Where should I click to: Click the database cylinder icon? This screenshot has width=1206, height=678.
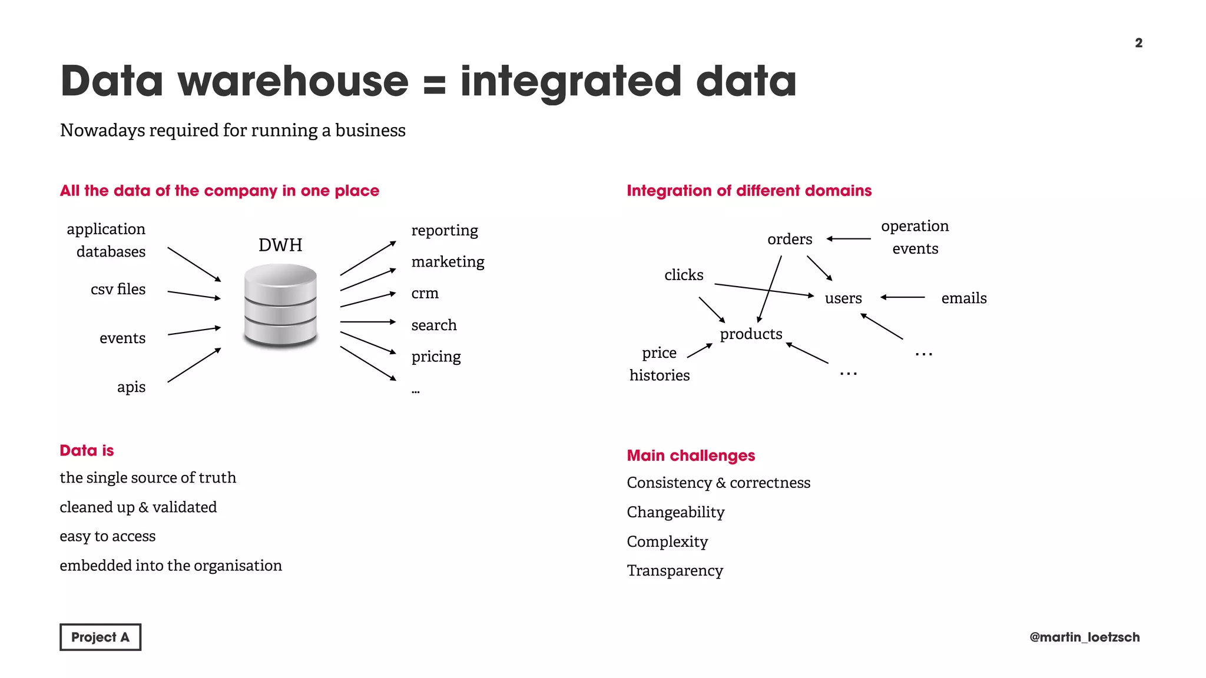[280, 305]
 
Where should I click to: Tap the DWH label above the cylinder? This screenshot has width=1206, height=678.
[280, 245]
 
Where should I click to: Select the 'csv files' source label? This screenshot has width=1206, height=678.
[118, 289]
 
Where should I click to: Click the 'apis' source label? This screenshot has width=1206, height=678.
[131, 387]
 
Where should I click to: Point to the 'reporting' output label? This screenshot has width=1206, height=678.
[445, 230]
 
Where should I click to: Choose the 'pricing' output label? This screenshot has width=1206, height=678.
[436, 356]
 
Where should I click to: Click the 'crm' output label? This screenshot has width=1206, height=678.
[425, 293]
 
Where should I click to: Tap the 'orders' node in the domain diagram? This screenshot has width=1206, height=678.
[790, 239]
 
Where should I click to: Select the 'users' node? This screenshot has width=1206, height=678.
[843, 298]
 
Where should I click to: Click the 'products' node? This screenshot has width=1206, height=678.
[751, 334]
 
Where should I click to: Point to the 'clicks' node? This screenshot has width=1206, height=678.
[684, 275]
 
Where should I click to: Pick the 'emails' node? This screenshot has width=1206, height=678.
[963, 298]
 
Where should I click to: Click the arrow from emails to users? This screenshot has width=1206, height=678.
[903, 297]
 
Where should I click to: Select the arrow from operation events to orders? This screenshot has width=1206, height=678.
[849, 239]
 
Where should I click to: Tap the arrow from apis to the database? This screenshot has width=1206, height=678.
[194, 365]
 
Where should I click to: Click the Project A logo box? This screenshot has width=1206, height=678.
[100, 637]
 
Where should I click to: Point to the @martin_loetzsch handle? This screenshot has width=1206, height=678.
[1084, 637]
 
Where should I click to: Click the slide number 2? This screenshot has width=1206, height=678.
[1138, 43]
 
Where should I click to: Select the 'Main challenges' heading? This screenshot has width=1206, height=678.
[691, 456]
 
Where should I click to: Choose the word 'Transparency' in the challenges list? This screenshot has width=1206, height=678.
[675, 570]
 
